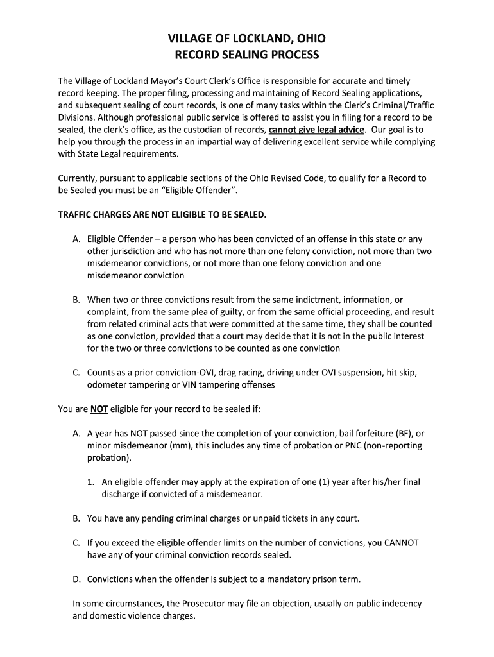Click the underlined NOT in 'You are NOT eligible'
point(99,409)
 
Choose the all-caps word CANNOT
point(401,542)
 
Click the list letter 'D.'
point(76,579)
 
